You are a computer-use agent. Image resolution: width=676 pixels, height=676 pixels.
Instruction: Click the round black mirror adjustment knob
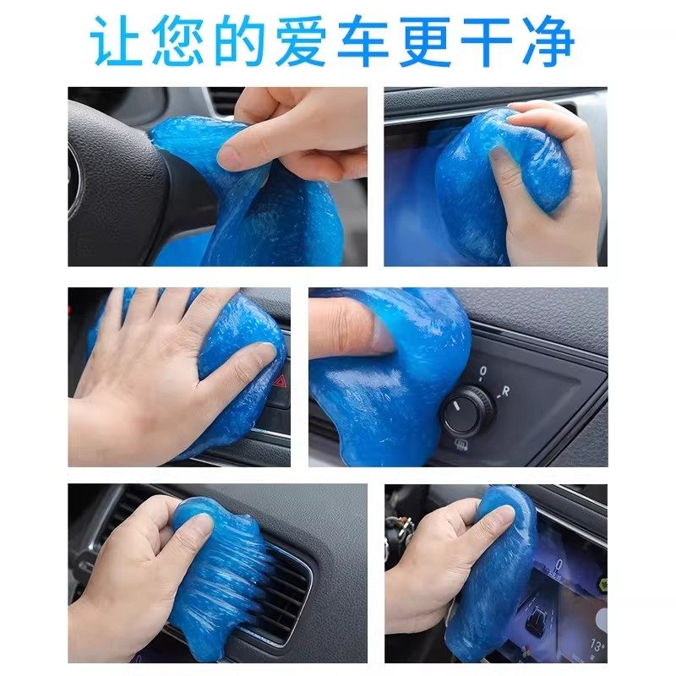pos(463,411)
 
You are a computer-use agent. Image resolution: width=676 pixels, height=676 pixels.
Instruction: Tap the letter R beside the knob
pos(504,390)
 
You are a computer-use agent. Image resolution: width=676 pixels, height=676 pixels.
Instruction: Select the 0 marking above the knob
pos(482,370)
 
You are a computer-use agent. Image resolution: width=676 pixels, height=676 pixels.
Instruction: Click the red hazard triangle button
pos(281,380)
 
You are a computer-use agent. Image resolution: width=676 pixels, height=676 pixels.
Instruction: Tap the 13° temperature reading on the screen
pos(597,646)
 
